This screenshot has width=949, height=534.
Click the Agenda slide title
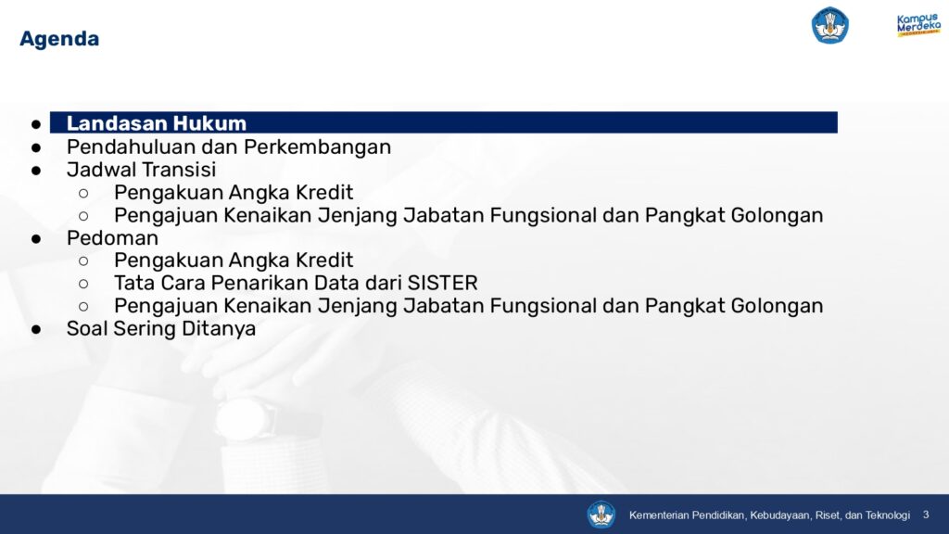pos(59,39)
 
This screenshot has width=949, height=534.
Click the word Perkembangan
pos(317,148)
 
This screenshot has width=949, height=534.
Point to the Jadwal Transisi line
pos(141,170)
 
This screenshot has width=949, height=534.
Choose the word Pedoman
pos(112,238)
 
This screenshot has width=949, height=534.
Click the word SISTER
pos(442,283)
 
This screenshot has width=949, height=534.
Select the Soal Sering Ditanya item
pos(161,329)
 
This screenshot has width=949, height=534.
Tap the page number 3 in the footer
pos(926,515)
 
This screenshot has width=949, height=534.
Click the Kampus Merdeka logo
pos(918,25)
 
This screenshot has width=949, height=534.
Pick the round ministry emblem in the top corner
pos(829,25)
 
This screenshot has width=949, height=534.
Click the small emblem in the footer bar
pos(601,515)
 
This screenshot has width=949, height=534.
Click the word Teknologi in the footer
pos(887,515)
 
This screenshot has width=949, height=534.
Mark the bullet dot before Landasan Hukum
pos(36,125)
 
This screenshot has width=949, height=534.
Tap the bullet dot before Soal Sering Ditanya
pos(36,330)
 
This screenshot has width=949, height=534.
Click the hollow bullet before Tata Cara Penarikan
pos(83,284)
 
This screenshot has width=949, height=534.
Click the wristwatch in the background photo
pos(244,420)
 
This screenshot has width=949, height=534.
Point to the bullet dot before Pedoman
pos(36,239)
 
